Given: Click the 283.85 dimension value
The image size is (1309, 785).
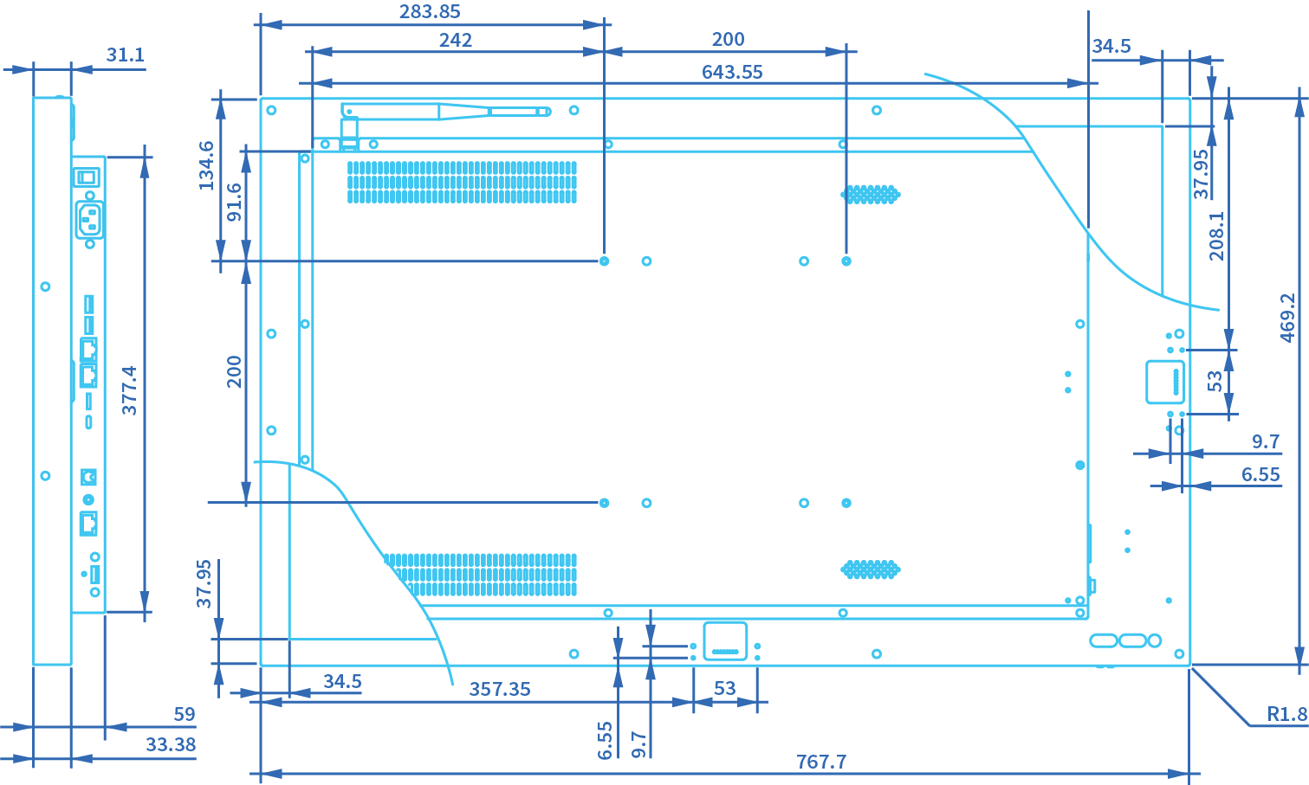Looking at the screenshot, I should [x=430, y=12].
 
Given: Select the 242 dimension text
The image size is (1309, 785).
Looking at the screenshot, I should [x=456, y=40].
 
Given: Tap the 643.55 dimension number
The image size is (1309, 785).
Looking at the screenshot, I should [x=732, y=72].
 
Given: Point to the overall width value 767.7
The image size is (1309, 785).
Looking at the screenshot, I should [x=821, y=762].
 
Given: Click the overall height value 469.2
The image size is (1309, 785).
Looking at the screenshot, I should [x=1287, y=318].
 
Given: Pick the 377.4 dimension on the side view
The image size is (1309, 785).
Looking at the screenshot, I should [x=129, y=390].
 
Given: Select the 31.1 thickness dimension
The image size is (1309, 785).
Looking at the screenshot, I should [x=125, y=55].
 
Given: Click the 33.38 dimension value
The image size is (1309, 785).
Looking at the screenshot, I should [x=171, y=744].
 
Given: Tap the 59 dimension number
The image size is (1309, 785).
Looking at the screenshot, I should [x=185, y=714].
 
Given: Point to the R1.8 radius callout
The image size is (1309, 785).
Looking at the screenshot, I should [x=1286, y=714].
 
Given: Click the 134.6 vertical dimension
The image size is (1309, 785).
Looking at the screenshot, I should [x=206, y=166].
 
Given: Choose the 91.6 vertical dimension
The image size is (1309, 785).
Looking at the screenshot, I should [x=234, y=203].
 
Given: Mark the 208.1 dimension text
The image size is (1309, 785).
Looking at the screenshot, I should [x=1217, y=236].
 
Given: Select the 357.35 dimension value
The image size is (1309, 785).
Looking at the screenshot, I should [x=500, y=689].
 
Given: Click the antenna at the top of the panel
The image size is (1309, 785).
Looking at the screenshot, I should [x=446, y=112].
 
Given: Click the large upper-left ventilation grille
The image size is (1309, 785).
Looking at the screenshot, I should [x=462, y=182].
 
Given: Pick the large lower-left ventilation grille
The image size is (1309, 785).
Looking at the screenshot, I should [x=482, y=575].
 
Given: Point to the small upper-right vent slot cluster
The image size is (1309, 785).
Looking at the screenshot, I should [x=871, y=194].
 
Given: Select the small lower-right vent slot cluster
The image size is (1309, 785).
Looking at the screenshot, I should [x=871, y=569].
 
